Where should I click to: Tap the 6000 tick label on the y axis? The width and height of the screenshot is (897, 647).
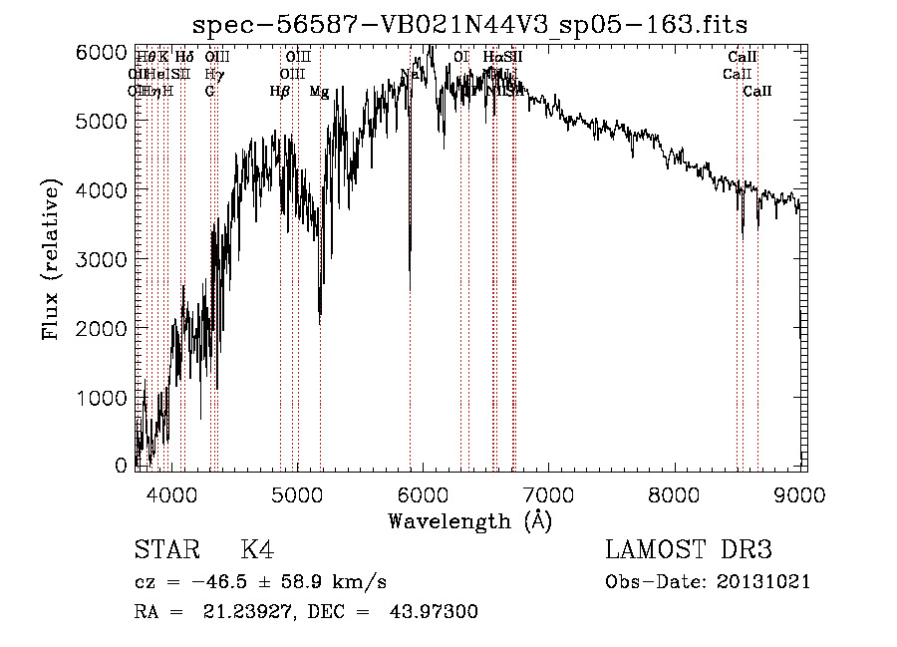coord(101,51)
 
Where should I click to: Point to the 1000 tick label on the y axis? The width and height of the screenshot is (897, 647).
coord(101,398)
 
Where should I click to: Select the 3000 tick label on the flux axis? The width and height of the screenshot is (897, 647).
coord(101,259)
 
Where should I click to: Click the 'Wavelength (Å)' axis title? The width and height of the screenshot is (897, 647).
coord(469,520)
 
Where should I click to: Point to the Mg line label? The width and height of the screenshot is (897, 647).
coord(319,92)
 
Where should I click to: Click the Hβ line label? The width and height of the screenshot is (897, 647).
coord(280,92)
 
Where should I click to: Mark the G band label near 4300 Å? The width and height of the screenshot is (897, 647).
coord(209,92)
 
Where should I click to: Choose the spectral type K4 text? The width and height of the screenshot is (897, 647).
coord(257,550)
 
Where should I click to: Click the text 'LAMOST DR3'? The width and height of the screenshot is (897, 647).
coord(688,550)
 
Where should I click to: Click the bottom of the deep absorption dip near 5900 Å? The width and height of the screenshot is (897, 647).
coord(410,289)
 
